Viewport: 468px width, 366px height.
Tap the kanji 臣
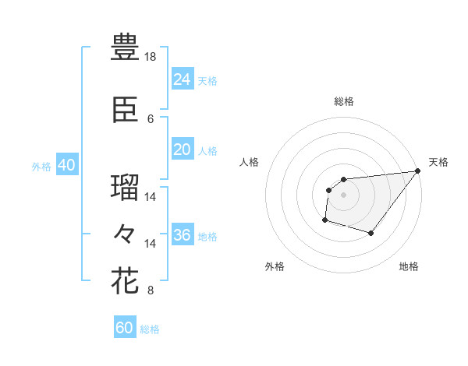(125, 112)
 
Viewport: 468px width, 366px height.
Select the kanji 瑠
(125, 188)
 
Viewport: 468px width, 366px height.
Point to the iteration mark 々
(125, 232)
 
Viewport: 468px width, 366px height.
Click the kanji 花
(125, 280)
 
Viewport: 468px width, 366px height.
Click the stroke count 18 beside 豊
(151, 58)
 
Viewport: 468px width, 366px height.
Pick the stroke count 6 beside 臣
(151, 118)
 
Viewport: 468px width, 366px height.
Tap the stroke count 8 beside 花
(151, 290)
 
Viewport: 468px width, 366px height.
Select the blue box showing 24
(182, 79)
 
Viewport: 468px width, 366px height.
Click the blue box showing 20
(182, 150)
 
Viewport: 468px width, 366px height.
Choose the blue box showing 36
(182, 235)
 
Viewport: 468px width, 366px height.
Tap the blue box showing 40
(66, 165)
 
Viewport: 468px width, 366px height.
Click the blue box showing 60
(124, 328)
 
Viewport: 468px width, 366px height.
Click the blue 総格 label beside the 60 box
(150, 329)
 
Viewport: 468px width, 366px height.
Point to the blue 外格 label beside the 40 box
(41, 166)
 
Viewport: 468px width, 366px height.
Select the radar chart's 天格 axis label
(438, 162)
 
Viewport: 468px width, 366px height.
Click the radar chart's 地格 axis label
(409, 266)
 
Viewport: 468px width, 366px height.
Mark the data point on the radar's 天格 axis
(417, 171)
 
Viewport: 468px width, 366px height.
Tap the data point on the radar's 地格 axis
(371, 233)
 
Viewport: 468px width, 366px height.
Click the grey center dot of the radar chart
(343, 195)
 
